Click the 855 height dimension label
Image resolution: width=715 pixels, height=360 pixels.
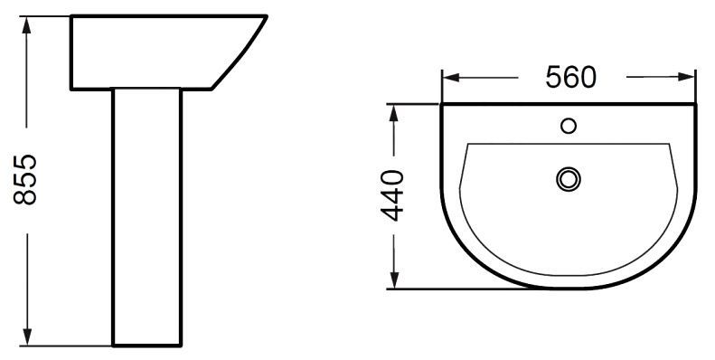point(25,180)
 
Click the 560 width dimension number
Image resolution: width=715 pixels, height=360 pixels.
point(571,77)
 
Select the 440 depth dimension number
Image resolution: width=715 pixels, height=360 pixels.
point(392,195)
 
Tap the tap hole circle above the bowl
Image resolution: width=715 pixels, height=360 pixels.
point(569,126)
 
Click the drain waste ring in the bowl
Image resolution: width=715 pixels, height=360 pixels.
point(569,179)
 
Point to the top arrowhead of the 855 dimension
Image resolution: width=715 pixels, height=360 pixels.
point(26,25)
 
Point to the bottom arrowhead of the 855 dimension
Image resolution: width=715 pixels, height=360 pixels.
point(27,336)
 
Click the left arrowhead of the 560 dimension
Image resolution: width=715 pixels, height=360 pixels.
point(450,77)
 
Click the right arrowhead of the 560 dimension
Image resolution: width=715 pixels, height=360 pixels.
point(686,77)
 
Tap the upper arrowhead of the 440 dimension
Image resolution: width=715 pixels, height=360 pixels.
point(394,113)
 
